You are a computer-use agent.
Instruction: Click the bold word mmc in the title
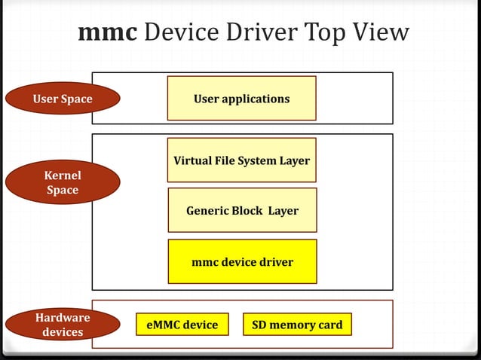[x=106, y=33]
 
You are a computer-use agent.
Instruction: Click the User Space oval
[x=63, y=99]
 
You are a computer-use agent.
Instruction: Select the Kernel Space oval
[x=63, y=183]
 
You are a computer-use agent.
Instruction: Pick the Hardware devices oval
[x=63, y=325]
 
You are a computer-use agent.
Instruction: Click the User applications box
[x=241, y=99]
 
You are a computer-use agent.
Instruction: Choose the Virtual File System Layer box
[x=241, y=160]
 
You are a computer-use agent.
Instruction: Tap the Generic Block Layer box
[x=241, y=211]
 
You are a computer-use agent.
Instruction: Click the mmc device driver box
[x=241, y=262]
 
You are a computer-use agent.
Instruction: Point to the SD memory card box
[x=297, y=325]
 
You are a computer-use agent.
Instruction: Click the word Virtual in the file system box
[x=192, y=160]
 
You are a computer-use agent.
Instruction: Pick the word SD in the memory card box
[x=258, y=325]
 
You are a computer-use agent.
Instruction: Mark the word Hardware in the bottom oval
[x=63, y=317]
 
